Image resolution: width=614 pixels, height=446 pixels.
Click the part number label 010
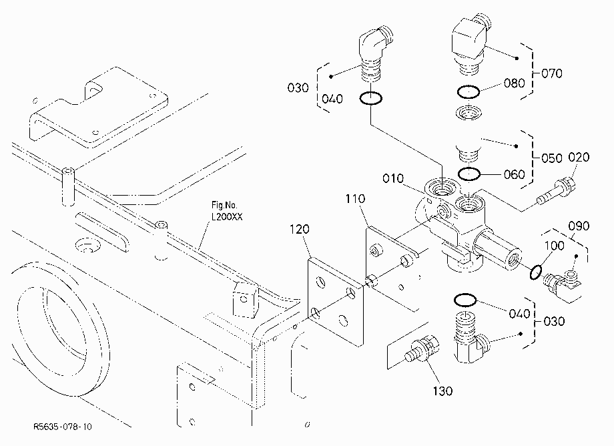pos(393,178)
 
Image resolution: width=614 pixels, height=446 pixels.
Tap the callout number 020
pos(579,158)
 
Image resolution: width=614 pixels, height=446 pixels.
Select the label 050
pos(552,158)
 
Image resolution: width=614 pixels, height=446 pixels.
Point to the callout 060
pos(514,174)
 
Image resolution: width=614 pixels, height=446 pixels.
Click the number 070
pos(552,73)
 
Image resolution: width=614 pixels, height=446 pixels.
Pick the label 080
pos(514,83)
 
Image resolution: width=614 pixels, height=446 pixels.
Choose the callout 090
pos(579,226)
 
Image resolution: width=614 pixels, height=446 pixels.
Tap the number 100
pos(555,246)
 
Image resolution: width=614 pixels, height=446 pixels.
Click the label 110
pos(355,198)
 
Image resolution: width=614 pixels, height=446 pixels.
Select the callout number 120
pos(299,229)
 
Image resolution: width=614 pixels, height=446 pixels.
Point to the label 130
pos(442,391)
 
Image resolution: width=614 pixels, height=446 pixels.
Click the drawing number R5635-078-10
pos(63,427)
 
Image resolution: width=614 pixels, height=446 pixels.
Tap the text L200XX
pos(227,216)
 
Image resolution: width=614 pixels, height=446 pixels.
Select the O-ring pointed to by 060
pos(469,174)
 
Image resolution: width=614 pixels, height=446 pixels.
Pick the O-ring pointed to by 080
pos(469,92)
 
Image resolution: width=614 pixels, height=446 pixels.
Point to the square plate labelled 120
pos(336,302)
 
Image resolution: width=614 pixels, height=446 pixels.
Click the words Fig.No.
pos(224,205)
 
